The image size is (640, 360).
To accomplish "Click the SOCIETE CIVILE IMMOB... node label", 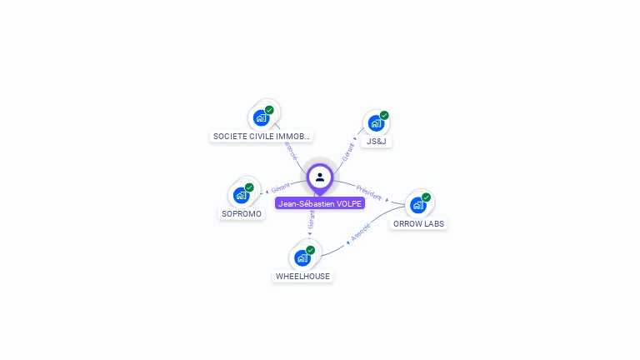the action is tap(262, 136).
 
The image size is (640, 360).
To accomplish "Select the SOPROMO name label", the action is tap(242, 214).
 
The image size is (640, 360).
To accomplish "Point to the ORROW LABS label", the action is tap(418, 224).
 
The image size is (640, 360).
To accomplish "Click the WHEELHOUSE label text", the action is tap(302, 277).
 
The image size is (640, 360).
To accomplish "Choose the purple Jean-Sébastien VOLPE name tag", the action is tap(320, 203).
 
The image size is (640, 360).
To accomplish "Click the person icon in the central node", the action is tap(320, 177).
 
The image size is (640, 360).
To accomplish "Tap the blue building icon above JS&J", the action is tap(376, 124).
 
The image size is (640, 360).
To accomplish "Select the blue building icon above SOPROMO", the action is tap(241, 196).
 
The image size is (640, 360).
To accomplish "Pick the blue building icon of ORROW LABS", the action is tap(417, 205).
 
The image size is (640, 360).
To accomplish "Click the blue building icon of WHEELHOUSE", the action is tap(302, 257).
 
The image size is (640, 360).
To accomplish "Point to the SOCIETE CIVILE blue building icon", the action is tap(261, 117).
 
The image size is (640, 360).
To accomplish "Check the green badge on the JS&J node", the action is tap(384, 115).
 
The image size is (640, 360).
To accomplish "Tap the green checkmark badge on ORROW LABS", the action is tap(426, 197).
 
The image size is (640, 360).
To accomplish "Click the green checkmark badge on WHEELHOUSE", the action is tap(310, 250).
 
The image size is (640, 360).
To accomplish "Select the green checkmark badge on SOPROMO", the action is tap(249, 187).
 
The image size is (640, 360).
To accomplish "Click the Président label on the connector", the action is tap(369, 192).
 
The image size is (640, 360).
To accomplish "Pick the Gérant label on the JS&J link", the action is tap(348, 151).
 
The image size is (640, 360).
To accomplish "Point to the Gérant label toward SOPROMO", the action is tap(280, 187).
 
